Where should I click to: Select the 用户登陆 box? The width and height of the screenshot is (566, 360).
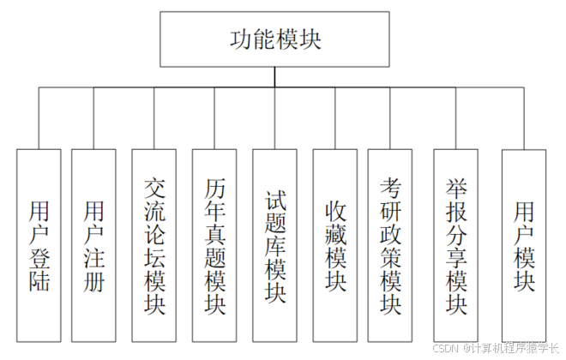point(39,244)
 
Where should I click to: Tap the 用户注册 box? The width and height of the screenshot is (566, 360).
point(93,244)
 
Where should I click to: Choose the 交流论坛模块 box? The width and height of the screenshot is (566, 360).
point(154,244)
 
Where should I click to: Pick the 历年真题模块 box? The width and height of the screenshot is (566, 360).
point(215,244)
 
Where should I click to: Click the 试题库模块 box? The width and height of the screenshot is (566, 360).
point(275,244)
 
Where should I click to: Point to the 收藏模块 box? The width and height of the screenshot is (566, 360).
point(335,244)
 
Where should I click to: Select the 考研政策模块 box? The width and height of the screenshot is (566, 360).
point(391,244)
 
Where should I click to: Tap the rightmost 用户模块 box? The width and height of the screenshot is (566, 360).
point(524,244)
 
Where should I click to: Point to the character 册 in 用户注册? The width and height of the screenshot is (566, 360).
point(93,281)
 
